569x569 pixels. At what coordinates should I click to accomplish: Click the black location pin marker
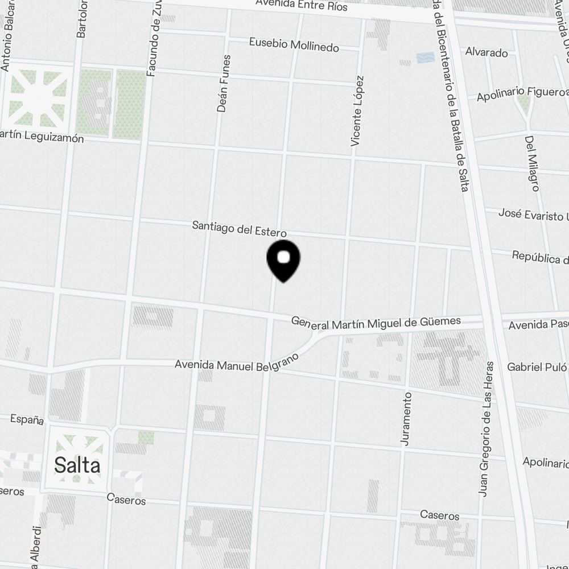[x=283, y=260]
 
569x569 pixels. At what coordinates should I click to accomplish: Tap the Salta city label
[x=77, y=465]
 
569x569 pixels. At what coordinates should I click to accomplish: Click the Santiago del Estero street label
[x=239, y=229]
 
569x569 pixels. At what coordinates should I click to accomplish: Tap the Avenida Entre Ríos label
[x=302, y=6]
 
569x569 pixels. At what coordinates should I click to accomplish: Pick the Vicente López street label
[x=357, y=111]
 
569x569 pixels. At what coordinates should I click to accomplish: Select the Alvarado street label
[x=486, y=52]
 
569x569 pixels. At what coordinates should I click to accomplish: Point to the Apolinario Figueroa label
[x=522, y=94]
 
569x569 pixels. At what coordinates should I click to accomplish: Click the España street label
[x=27, y=419]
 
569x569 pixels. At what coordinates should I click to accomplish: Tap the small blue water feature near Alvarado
[x=426, y=57]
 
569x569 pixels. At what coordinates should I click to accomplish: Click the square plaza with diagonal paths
[x=38, y=98]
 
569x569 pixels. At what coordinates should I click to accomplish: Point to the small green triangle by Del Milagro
[x=524, y=103]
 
